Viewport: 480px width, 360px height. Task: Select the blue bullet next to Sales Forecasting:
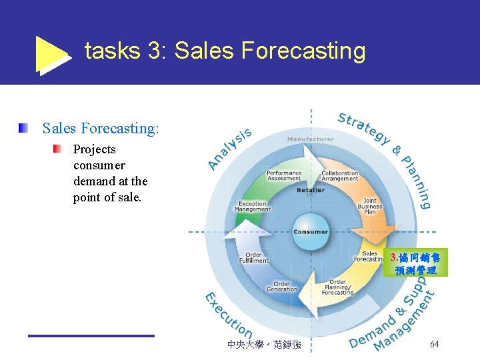tap(23, 127)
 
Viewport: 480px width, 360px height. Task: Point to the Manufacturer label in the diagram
tap(310, 139)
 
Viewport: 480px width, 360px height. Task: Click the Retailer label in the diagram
tap(311, 190)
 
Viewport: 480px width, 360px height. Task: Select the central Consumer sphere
tap(311, 231)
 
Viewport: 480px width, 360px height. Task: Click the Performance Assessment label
tap(284, 175)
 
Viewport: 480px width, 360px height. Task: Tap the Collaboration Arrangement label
tap(340, 176)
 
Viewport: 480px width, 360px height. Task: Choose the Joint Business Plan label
tap(370, 206)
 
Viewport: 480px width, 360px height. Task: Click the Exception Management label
tap(253, 207)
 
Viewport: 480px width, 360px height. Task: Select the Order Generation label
tap(282, 286)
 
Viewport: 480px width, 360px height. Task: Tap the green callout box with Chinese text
tap(417, 263)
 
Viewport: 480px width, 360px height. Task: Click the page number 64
tap(434, 344)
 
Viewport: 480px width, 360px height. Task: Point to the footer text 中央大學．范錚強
tap(264, 345)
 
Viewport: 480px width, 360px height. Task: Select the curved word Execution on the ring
tap(227, 316)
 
